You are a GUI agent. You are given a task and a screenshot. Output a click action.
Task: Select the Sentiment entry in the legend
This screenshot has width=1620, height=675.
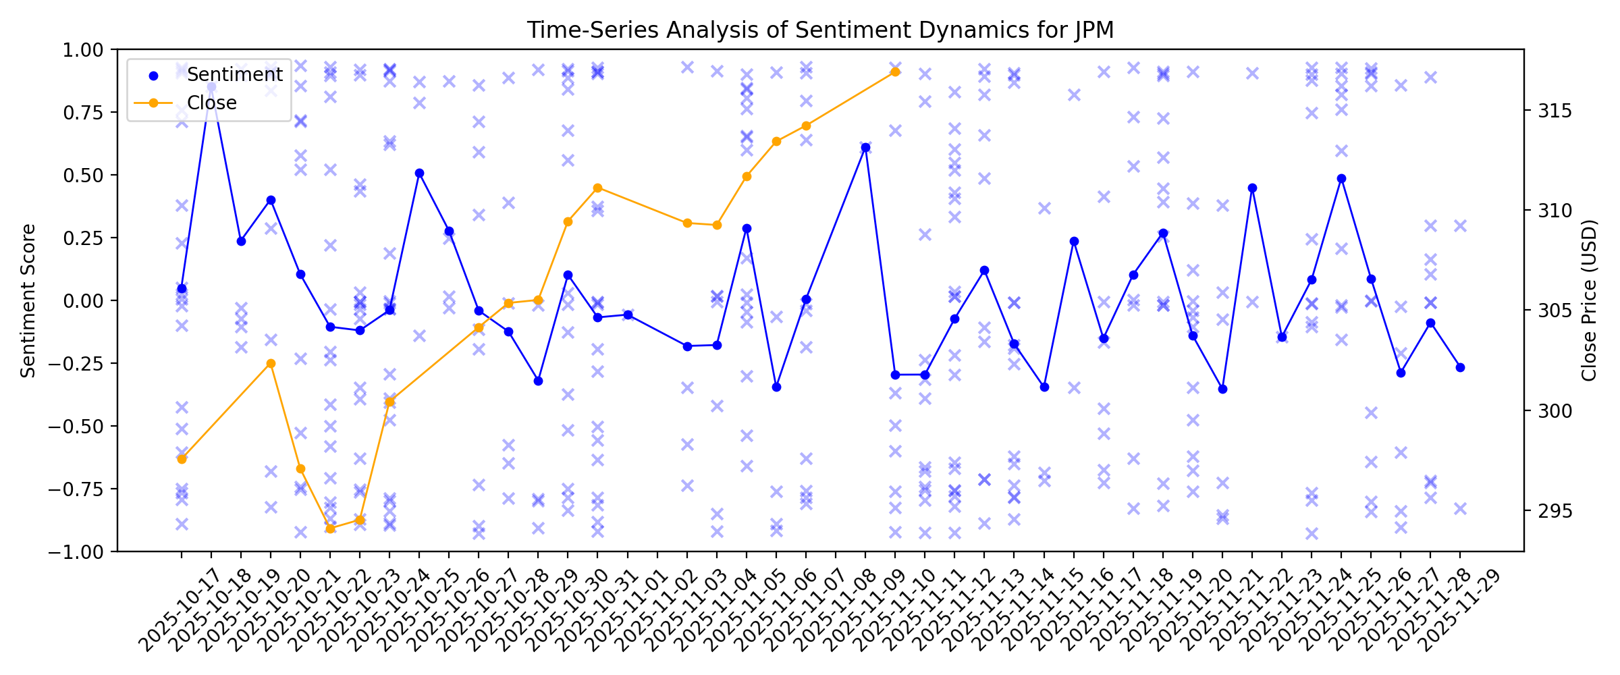click(234, 74)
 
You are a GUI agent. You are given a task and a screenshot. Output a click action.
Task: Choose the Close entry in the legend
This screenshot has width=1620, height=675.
click(211, 103)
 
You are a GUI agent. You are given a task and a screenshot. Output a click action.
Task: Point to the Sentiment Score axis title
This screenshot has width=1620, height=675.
click(28, 300)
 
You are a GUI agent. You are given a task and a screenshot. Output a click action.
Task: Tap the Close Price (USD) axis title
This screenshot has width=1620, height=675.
click(1589, 300)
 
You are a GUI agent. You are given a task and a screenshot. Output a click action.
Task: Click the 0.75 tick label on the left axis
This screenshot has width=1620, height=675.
click(83, 113)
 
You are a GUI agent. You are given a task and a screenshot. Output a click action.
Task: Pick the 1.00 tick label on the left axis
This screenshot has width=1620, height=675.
click(83, 50)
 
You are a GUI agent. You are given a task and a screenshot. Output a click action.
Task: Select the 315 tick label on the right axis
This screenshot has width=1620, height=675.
click(1555, 111)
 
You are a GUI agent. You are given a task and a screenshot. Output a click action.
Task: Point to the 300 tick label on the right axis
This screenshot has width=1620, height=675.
click(1555, 411)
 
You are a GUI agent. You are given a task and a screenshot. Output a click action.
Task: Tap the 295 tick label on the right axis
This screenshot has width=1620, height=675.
click(1555, 511)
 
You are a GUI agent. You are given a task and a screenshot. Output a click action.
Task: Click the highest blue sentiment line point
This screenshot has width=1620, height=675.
click(211, 87)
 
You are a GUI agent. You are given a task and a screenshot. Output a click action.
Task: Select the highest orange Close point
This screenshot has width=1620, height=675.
click(895, 72)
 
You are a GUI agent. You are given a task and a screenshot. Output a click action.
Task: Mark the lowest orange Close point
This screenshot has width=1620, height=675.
click(330, 528)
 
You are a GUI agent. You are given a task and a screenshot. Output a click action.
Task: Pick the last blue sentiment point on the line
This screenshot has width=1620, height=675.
click(1460, 367)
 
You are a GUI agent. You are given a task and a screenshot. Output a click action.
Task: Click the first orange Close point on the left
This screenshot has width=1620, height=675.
click(182, 459)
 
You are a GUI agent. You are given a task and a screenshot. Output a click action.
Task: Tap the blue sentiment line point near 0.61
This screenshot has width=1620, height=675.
click(865, 147)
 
